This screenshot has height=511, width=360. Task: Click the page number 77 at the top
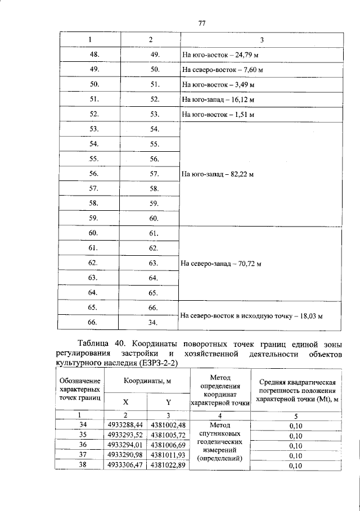click(x=202, y=23)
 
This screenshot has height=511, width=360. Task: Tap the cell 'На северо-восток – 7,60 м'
click(x=223, y=71)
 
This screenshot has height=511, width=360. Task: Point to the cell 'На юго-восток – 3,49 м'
click(x=217, y=85)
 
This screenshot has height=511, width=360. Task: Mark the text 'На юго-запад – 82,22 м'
click(x=218, y=174)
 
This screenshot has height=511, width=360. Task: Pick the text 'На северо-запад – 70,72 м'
click(x=222, y=264)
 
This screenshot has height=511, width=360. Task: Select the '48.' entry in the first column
click(x=95, y=55)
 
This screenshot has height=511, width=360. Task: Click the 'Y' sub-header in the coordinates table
click(x=168, y=402)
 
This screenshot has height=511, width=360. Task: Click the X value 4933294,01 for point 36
click(x=127, y=445)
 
